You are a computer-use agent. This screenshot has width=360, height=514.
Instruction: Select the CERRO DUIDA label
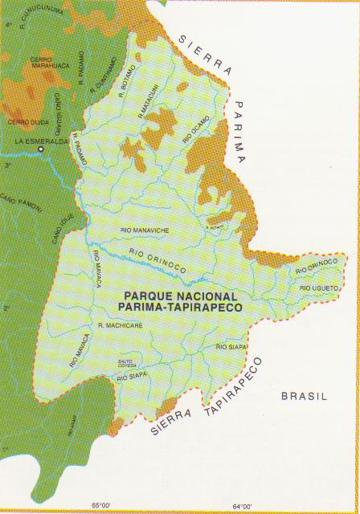(23, 121)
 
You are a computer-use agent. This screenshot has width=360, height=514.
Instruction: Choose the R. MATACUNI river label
(149, 106)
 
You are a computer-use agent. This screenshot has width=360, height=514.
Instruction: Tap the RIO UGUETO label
(317, 287)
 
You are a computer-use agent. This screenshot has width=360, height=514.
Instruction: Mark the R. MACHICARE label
(120, 324)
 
